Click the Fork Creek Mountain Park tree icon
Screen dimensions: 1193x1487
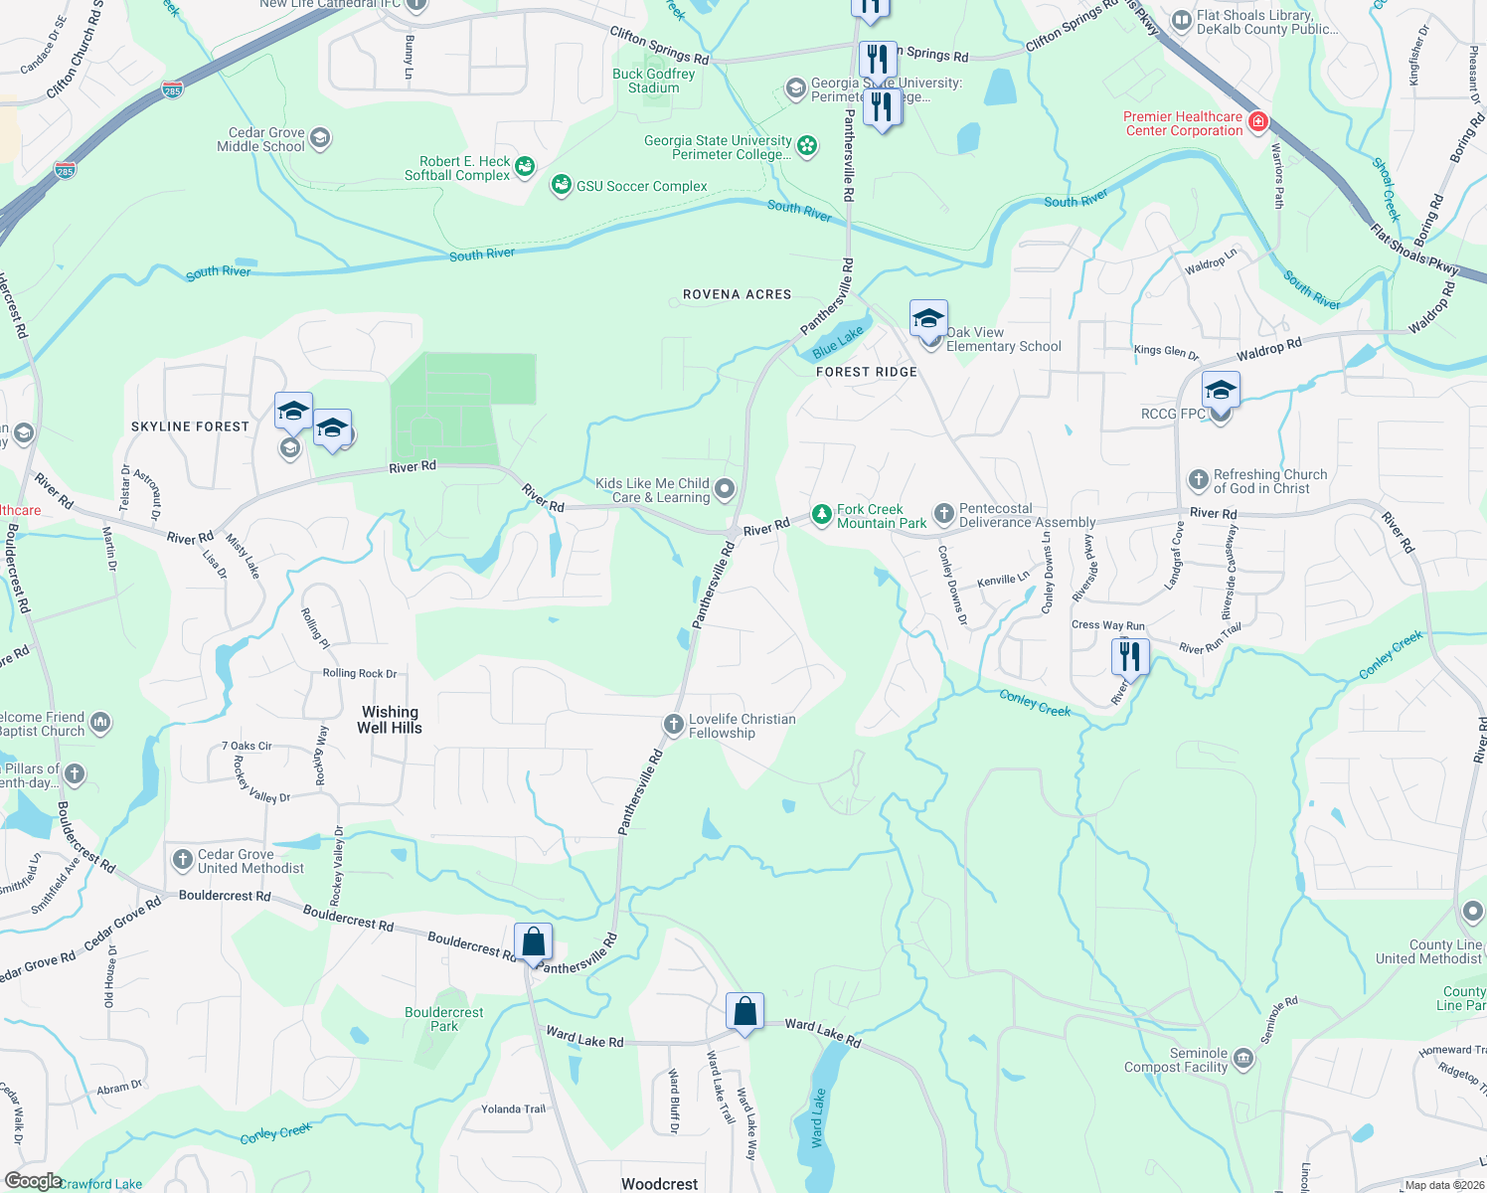821,514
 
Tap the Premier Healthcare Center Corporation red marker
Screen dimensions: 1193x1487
1257,122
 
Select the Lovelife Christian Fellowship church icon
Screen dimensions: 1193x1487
673,725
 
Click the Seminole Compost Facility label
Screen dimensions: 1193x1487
1176,1060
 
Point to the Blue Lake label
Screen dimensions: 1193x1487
838,342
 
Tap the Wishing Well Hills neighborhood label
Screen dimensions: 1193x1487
390,720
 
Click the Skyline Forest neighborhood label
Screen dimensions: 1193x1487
190,426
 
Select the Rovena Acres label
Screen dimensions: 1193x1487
737,294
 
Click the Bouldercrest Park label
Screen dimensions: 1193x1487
444,1019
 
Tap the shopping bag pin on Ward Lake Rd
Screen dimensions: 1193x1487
744,1012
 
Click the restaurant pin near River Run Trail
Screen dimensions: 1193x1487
1129,656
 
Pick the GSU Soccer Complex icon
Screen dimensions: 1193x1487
562,185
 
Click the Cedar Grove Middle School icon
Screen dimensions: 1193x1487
320,137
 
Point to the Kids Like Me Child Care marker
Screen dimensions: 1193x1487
725,488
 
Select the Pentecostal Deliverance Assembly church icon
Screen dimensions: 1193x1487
943,514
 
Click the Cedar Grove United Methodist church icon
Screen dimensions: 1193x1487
182,860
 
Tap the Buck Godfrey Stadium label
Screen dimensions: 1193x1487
653,81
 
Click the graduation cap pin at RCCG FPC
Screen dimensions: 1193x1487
1220,390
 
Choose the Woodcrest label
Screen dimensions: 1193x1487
659,1183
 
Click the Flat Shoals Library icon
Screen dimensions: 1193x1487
1181,20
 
